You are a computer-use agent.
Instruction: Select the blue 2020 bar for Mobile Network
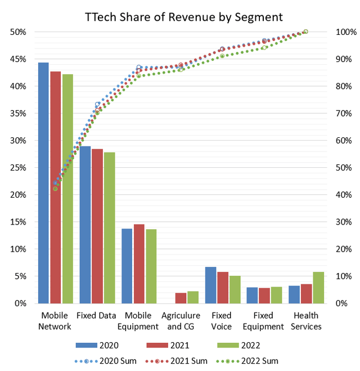[x=43, y=183]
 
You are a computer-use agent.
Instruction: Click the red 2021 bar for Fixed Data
[x=97, y=226]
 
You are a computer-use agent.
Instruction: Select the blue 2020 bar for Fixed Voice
[x=210, y=285]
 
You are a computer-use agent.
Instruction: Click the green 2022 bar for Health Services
[x=318, y=288]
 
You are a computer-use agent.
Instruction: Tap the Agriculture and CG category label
[x=181, y=321]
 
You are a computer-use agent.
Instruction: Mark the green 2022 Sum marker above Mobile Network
[x=55, y=189]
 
